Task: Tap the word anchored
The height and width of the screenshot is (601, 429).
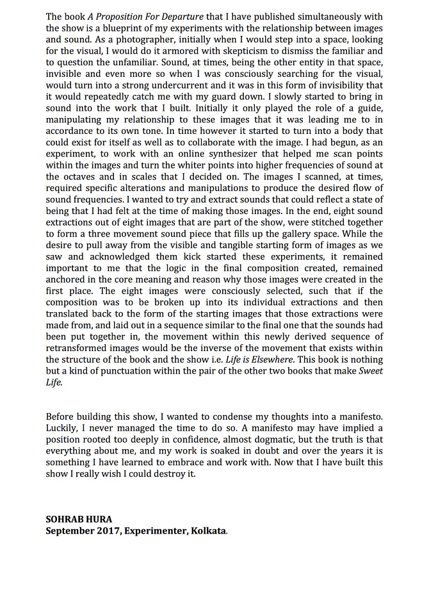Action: tap(69, 280)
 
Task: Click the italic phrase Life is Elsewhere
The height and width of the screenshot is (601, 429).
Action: tap(270, 359)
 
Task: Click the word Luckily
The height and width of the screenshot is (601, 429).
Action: tap(62, 428)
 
